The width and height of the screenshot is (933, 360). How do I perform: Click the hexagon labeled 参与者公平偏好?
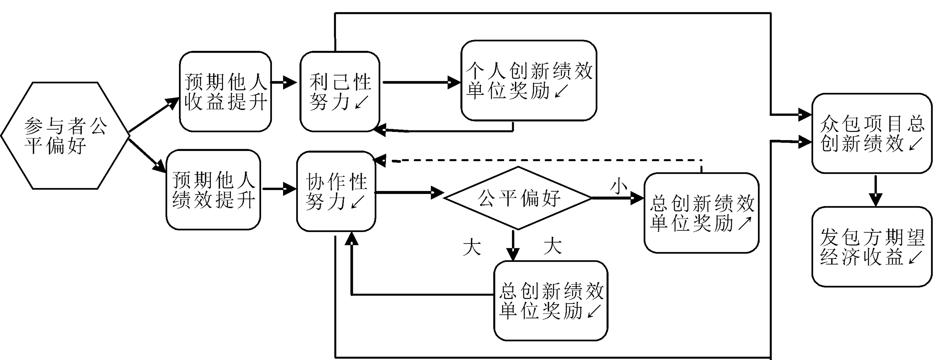[65, 136]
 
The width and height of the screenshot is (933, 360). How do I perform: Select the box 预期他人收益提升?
[225, 92]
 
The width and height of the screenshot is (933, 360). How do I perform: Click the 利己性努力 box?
[340, 92]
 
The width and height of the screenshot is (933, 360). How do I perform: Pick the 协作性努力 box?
[336, 191]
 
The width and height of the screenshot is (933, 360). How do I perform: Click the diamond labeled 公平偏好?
[518, 198]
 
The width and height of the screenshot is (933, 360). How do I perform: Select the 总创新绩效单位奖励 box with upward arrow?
[701, 213]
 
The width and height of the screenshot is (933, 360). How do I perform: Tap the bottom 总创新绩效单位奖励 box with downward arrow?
[551, 301]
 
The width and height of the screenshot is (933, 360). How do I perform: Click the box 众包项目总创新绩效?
[871, 133]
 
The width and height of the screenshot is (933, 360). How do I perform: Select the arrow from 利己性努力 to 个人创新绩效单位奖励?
[420, 82]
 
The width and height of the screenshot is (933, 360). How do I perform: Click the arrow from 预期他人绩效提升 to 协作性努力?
[278, 189]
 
